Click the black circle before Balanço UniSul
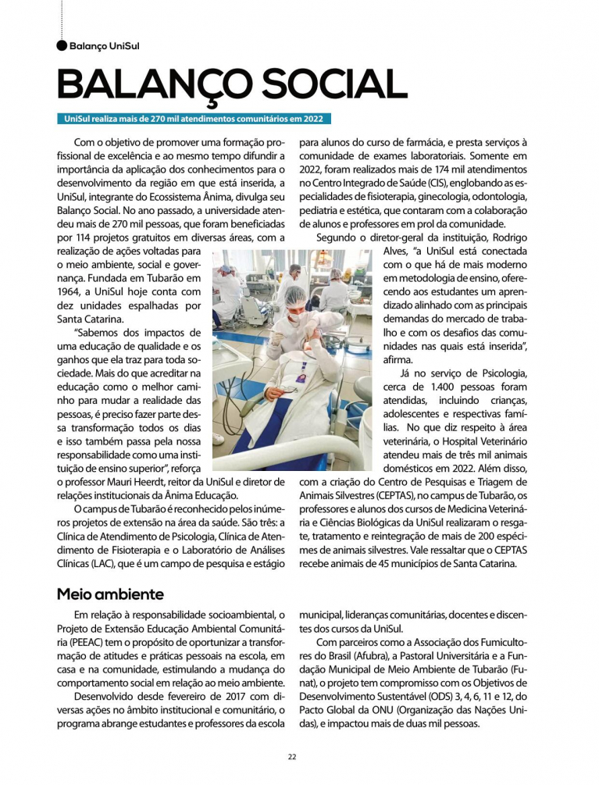click(62, 46)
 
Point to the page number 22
click(291, 757)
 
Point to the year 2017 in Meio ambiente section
click(206, 694)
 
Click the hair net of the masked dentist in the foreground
click(296, 298)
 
